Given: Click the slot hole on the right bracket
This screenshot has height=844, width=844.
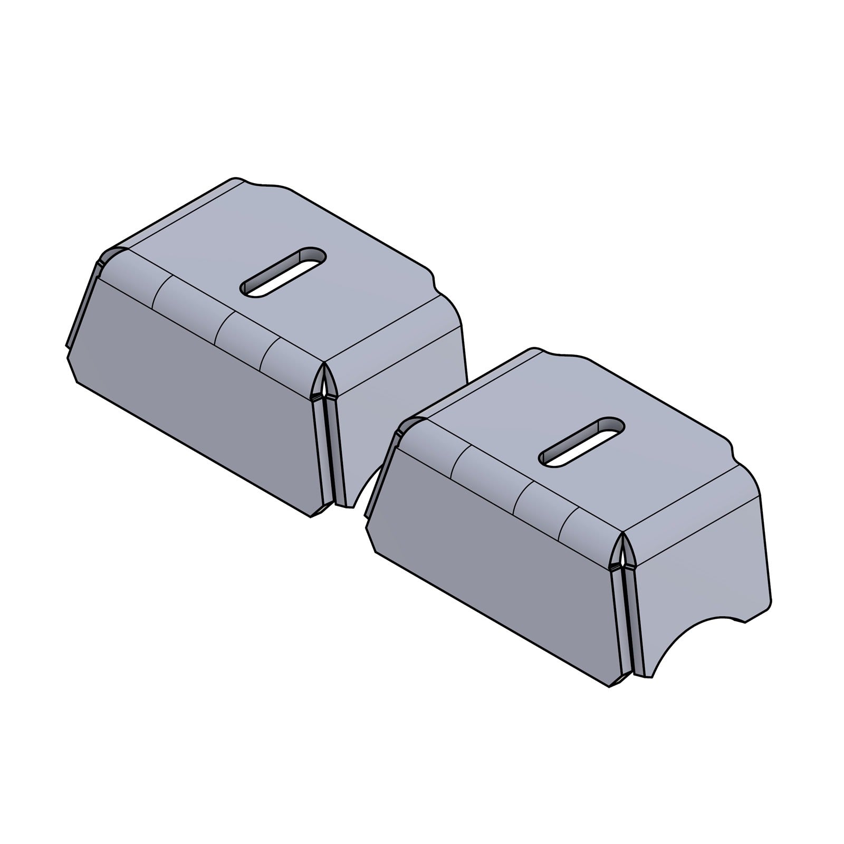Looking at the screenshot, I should point(582,442).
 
